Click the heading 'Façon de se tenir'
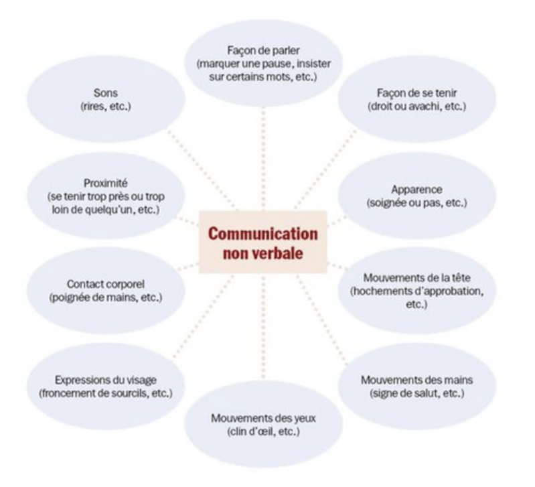(x=417, y=93)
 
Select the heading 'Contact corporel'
(x=106, y=283)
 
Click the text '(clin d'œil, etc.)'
(x=263, y=432)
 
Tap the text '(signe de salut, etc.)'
(x=417, y=393)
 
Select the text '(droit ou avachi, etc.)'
(x=417, y=106)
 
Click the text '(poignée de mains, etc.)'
(x=106, y=296)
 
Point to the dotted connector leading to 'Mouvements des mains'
(x=328, y=315)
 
